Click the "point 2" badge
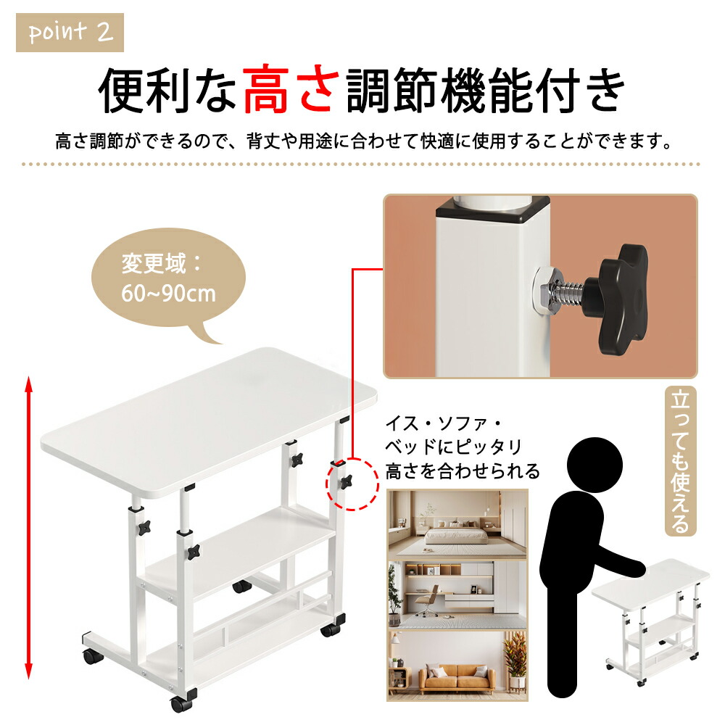pyautogui.click(x=70, y=33)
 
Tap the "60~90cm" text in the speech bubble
pyautogui.click(x=168, y=293)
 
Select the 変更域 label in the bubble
pyautogui.click(x=154, y=264)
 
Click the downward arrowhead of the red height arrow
pyautogui.click(x=29, y=671)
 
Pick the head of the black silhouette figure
pyautogui.click(x=594, y=465)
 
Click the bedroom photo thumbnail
pyautogui.click(x=457, y=525)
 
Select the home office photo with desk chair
pyautogui.click(x=457, y=595)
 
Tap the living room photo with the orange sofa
pyautogui.click(x=457, y=666)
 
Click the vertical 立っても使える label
pyautogui.click(x=680, y=461)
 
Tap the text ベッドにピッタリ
pyautogui.click(x=454, y=447)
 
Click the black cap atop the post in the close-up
pyautogui.click(x=493, y=208)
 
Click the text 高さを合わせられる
pyautogui.click(x=463, y=471)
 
